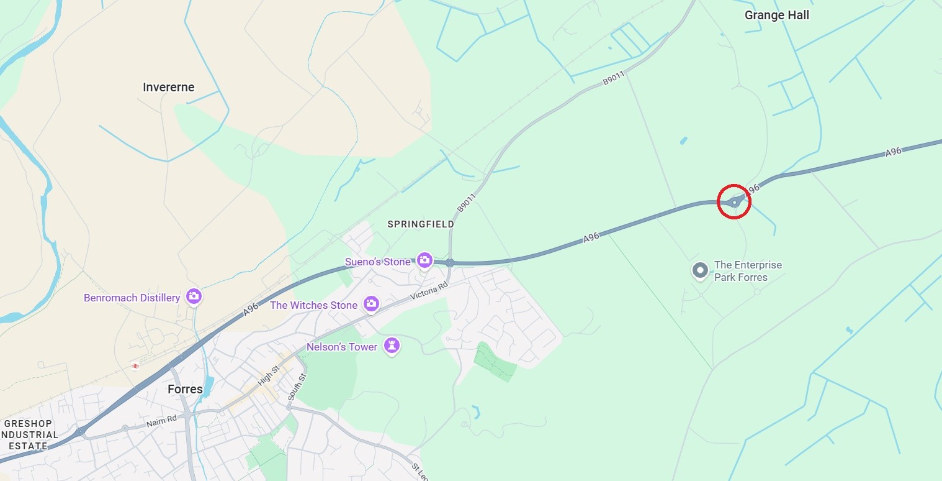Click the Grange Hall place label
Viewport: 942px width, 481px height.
(777, 16)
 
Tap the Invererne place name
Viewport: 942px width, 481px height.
(168, 88)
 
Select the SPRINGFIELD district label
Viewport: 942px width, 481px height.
(421, 224)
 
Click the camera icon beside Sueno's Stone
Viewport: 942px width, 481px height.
(424, 260)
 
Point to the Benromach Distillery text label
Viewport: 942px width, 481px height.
(132, 298)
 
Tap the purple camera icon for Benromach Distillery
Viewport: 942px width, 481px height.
(194, 296)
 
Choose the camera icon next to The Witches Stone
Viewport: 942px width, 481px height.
(371, 303)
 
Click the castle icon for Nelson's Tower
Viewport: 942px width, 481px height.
(391, 345)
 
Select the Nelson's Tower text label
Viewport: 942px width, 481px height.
(341, 347)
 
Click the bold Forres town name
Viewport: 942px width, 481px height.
(185, 390)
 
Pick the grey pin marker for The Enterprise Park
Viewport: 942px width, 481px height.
(700, 270)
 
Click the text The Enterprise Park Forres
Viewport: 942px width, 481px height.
(747, 271)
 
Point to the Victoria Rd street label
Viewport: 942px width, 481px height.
(429, 292)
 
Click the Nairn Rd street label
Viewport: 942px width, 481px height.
(161, 421)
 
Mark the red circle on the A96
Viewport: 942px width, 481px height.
(734, 201)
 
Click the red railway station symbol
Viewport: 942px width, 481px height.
(135, 366)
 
